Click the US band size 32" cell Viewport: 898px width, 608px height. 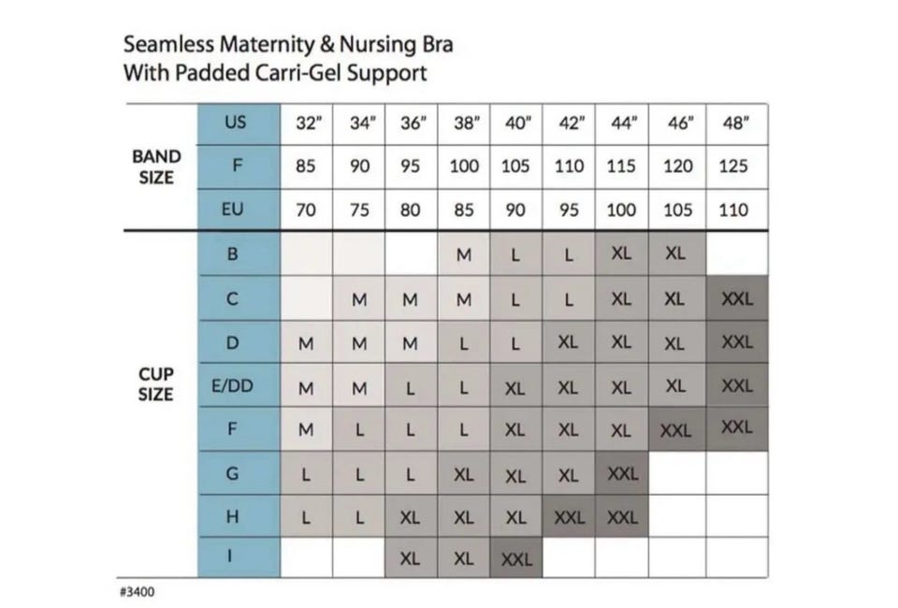tap(307, 123)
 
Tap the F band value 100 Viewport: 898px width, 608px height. tap(464, 166)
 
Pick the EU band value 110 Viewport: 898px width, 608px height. tap(734, 210)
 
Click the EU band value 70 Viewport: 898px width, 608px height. tap(306, 210)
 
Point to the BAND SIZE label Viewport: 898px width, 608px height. tap(156, 166)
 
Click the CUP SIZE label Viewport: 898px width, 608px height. tap(156, 384)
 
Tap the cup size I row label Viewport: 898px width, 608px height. tap(234, 558)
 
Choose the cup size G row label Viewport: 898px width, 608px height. tap(234, 473)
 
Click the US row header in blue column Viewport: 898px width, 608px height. tap(235, 123)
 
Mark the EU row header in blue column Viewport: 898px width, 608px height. tap(235, 210)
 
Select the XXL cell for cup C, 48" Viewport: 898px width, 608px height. tap(737, 299)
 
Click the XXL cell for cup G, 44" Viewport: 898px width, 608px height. tap(622, 473)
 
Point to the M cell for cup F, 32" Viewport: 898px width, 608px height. tap(306, 430)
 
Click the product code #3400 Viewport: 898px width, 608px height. tap(138, 592)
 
